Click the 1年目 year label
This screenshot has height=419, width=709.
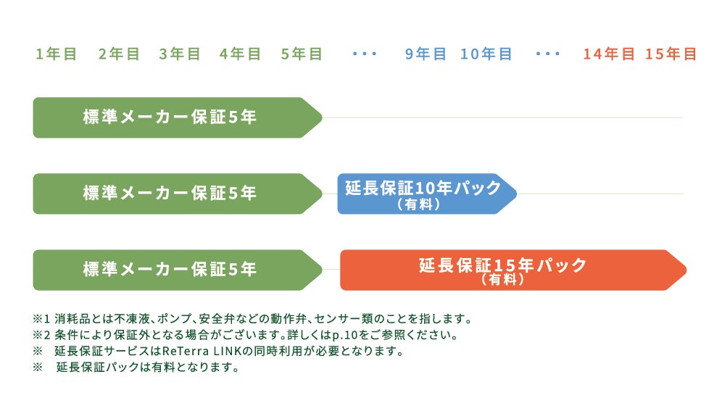56,54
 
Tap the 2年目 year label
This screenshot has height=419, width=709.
119,54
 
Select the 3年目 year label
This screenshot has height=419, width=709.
180,54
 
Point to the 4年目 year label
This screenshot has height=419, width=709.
240,54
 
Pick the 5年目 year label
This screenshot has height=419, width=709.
302,54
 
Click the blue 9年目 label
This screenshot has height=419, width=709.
426,54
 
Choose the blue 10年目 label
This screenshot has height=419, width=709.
486,54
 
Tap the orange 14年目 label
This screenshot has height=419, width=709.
609,54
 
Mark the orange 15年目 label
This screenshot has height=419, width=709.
671,54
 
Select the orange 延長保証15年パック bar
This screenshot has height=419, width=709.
512,270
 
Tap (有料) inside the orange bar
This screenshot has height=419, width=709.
502,280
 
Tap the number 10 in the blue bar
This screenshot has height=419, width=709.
426,188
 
